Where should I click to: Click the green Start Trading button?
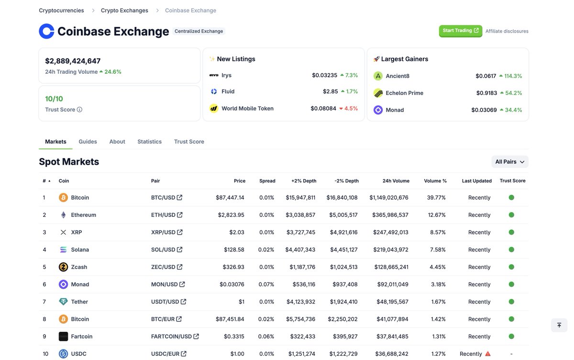coord(460,31)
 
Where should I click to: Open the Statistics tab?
coord(149,142)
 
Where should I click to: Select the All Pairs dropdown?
coord(509,162)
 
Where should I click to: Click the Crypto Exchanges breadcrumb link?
coord(124,11)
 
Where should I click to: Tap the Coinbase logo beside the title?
coord(46,31)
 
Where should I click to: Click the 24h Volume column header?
coord(396,181)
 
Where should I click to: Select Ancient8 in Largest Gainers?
coord(397,76)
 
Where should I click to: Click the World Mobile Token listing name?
coord(247,109)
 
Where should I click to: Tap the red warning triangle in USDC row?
coord(488,354)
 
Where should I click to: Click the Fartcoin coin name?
coord(81,337)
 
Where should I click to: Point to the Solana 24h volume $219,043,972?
coord(390,250)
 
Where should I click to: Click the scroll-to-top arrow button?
coord(559,325)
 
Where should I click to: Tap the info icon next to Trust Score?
coord(79,110)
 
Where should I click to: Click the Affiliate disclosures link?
coord(507,31)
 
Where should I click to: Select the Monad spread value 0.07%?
coord(266,284)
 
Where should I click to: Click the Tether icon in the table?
coord(63,302)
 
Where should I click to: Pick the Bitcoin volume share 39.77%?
coord(436,198)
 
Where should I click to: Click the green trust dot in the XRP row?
coord(511,232)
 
